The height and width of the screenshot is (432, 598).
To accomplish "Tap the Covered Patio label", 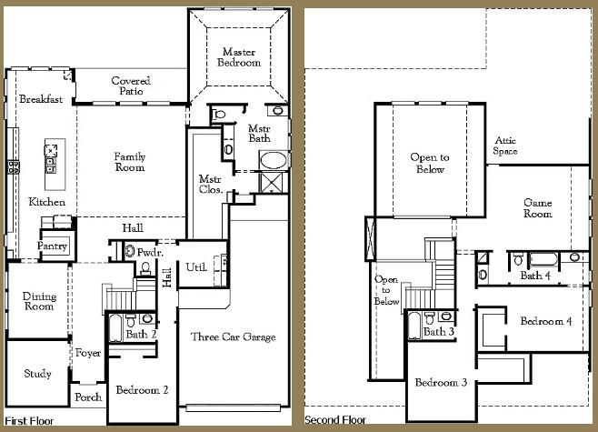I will coord(131,86).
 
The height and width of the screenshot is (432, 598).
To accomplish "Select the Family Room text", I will coord(129,162).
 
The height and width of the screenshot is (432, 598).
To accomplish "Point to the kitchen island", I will coord(51,157).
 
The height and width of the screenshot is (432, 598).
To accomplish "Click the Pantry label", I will coord(53,246).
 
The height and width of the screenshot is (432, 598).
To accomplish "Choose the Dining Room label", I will coord(39,301).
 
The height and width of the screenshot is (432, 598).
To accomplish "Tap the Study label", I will coord(38,374).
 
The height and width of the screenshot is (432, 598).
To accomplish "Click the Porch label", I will coord(88,397).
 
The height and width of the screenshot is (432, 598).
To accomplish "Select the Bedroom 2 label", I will coord(141,390).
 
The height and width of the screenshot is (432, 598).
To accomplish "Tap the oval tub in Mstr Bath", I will coord(274,162).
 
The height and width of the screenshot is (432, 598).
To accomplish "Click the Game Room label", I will coord(537,207).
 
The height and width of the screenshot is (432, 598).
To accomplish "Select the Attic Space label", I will coord(505,146).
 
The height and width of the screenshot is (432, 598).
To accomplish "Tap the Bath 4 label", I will coord(534,275).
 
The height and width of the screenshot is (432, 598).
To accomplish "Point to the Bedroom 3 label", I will coord(441,382).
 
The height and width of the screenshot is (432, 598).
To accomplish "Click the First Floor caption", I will coord(29,421).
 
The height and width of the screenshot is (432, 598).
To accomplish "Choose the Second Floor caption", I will coord(335,420).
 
